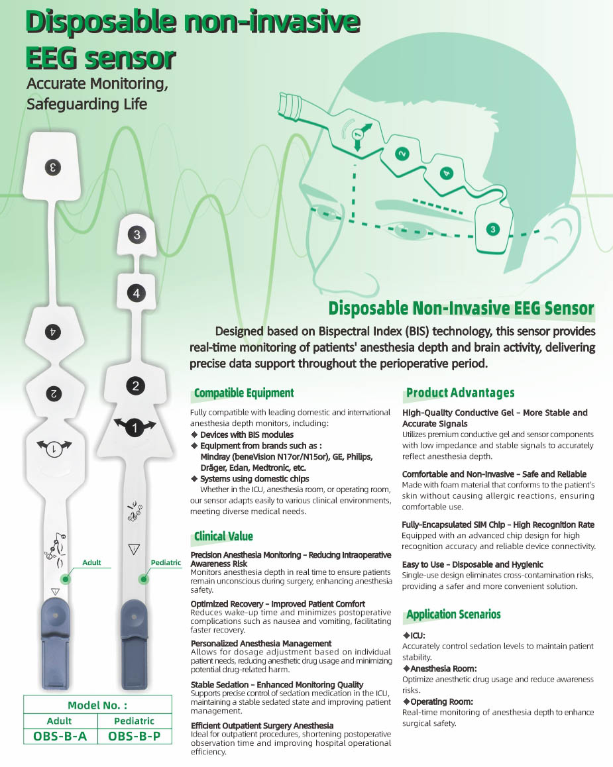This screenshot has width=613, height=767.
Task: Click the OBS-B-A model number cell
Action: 60,736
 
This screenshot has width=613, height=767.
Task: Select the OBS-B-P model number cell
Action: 135,736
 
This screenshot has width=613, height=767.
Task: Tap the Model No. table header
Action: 97,705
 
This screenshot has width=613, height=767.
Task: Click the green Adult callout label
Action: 91,562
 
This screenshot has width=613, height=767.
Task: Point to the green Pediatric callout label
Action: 166,562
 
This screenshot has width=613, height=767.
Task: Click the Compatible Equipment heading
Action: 244,393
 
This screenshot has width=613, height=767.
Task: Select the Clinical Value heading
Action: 223,536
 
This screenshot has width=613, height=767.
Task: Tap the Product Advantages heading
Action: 460,393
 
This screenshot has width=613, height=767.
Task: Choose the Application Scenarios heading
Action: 453,615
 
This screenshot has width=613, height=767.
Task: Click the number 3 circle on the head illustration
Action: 492,229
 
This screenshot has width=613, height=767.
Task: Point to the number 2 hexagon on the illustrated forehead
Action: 402,154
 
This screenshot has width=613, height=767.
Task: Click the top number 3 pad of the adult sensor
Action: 52,168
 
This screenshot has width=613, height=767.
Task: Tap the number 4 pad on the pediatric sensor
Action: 137,293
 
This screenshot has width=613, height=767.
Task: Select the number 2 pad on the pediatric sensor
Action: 135,386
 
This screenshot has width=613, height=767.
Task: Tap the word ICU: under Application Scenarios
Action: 414,635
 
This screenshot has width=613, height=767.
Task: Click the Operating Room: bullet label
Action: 438,701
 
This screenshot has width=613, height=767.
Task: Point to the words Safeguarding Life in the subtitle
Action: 87,104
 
